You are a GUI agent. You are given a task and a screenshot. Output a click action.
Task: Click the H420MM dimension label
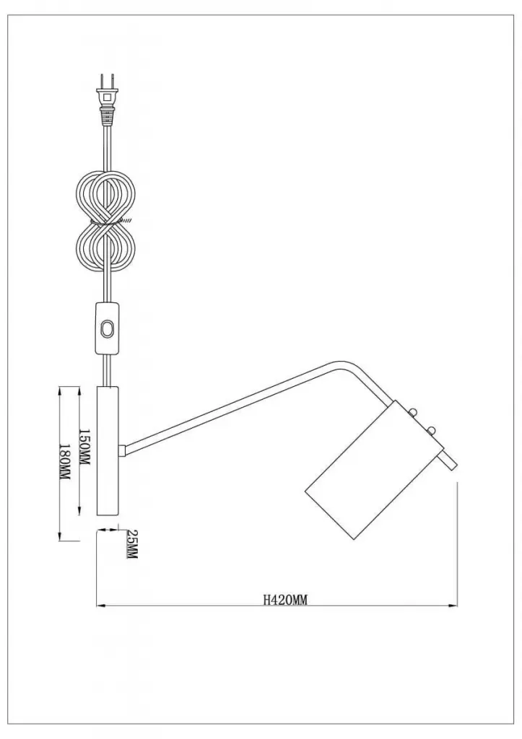point(284,600)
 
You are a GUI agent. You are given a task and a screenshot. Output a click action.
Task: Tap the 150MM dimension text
point(84,447)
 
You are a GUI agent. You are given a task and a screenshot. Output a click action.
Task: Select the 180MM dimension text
point(64,463)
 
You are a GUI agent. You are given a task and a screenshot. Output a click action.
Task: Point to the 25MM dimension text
point(131,544)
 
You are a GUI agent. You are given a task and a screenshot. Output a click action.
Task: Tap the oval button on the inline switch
point(108,329)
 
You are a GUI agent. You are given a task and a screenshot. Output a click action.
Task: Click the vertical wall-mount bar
point(108,451)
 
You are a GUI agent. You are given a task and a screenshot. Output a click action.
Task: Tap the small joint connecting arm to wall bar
point(123,451)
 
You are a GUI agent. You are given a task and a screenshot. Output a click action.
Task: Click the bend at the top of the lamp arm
point(343,364)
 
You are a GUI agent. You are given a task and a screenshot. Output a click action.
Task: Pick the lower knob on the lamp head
point(430,430)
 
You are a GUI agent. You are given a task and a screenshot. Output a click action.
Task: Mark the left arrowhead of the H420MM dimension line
point(100,605)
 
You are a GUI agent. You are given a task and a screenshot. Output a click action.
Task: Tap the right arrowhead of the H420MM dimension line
point(453,605)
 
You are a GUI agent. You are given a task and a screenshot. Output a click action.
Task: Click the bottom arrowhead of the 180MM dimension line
point(60,536)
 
